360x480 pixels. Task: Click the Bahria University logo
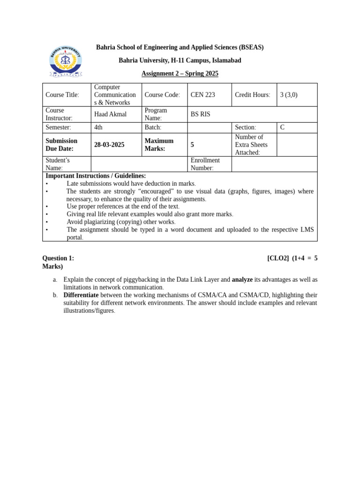[66, 61]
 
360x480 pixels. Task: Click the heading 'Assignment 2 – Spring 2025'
[180, 74]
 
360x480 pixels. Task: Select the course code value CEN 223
[202, 95]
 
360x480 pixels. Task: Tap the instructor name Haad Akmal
[110, 114]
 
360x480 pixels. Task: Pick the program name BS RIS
[200, 114]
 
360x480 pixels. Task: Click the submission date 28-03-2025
[109, 145]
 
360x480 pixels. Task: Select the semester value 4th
[98, 127]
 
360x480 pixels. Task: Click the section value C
[282, 127]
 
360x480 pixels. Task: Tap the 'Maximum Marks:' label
[159, 145]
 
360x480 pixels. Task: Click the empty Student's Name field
[139, 164]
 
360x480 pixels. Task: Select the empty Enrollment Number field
[274, 164]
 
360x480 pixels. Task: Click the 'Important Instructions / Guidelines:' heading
[96, 176]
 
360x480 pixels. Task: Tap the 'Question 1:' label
[58, 258]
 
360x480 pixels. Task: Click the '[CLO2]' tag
[278, 258]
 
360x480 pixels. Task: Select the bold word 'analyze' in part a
[242, 279]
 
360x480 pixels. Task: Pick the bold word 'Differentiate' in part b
[81, 295]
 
